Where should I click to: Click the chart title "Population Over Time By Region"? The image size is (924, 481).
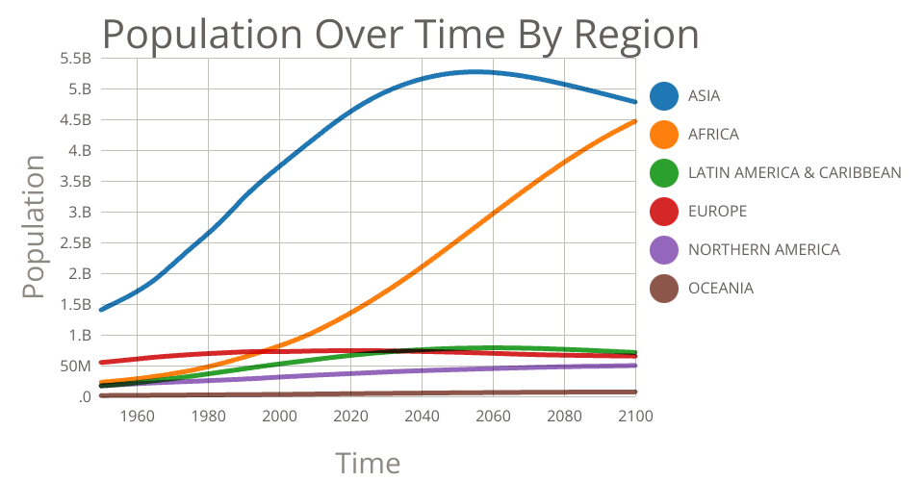[x=399, y=35]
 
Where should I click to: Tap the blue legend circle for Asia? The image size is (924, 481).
[x=664, y=96]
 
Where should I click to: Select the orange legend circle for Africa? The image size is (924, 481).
[x=664, y=135]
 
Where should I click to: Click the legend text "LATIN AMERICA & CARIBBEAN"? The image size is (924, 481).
[x=794, y=173]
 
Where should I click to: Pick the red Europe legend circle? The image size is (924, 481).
[x=664, y=212]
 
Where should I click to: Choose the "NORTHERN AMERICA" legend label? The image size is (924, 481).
[x=763, y=250]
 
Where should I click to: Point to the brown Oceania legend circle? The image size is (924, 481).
[x=664, y=289]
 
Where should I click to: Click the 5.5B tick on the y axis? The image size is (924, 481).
[x=74, y=59]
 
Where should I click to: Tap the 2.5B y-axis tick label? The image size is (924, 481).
[x=74, y=243]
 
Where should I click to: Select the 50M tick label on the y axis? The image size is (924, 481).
[x=74, y=367]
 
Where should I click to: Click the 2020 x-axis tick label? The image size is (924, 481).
[x=350, y=417]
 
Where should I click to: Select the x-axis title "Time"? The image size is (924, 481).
[x=367, y=463]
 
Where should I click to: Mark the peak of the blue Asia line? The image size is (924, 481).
[x=475, y=71]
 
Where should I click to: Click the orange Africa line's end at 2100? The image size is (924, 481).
[x=635, y=121]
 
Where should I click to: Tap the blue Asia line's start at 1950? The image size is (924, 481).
[x=101, y=309]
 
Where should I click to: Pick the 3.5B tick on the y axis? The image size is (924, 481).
[x=74, y=182]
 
